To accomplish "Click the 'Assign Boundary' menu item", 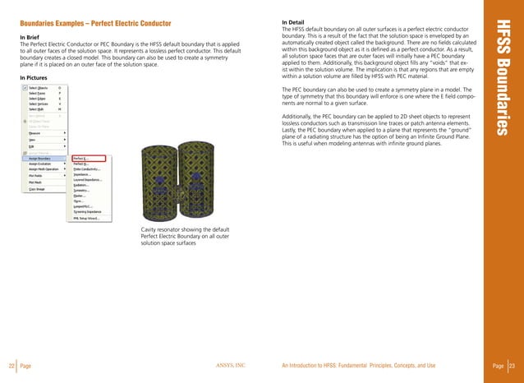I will pos(43,159).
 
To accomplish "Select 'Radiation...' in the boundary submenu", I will pos(83,185).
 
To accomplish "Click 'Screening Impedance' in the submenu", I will pos(88,211).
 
